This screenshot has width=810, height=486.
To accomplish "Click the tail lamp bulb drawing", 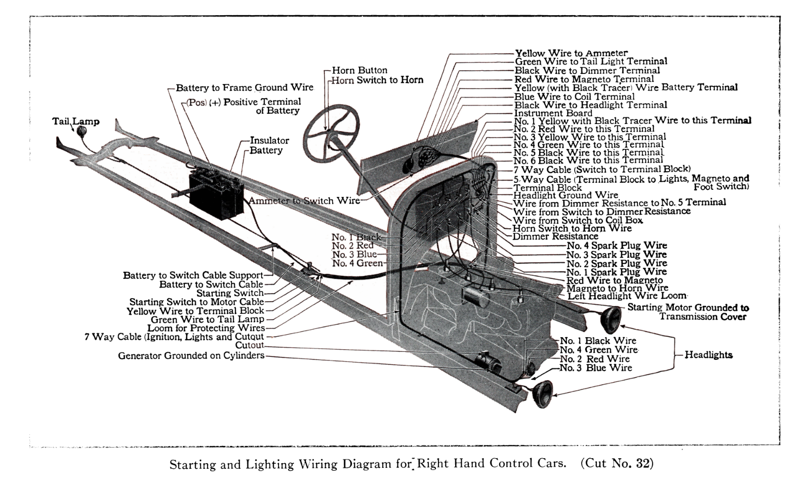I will point(81,131).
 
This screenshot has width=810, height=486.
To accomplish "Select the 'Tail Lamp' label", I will point(76,121).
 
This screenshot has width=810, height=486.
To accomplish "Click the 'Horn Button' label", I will point(359,70).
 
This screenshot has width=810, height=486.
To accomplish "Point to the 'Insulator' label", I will point(269,140).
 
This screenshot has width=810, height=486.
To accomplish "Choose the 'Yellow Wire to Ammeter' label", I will point(571,53).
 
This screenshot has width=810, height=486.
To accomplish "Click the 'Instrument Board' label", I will point(553,113).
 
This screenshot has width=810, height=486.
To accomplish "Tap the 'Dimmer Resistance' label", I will point(555,236).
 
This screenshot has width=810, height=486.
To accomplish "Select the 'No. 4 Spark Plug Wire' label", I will point(616,246).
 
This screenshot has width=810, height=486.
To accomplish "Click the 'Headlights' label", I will point(708,355).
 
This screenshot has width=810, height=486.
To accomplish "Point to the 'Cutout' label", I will point(250,345).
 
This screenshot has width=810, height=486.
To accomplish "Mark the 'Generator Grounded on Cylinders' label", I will point(191,355).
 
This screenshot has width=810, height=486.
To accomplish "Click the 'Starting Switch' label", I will point(230,293).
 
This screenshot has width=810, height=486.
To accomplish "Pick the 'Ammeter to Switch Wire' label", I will point(304,200).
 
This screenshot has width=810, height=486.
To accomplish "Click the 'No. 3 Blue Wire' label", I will point(595,368).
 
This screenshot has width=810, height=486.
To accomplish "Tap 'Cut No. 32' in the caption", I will point(617,463).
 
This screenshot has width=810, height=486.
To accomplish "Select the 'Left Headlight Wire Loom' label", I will point(627,296).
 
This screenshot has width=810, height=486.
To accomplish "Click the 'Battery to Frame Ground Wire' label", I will point(245,88).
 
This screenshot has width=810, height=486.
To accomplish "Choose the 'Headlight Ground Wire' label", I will point(565,195).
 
